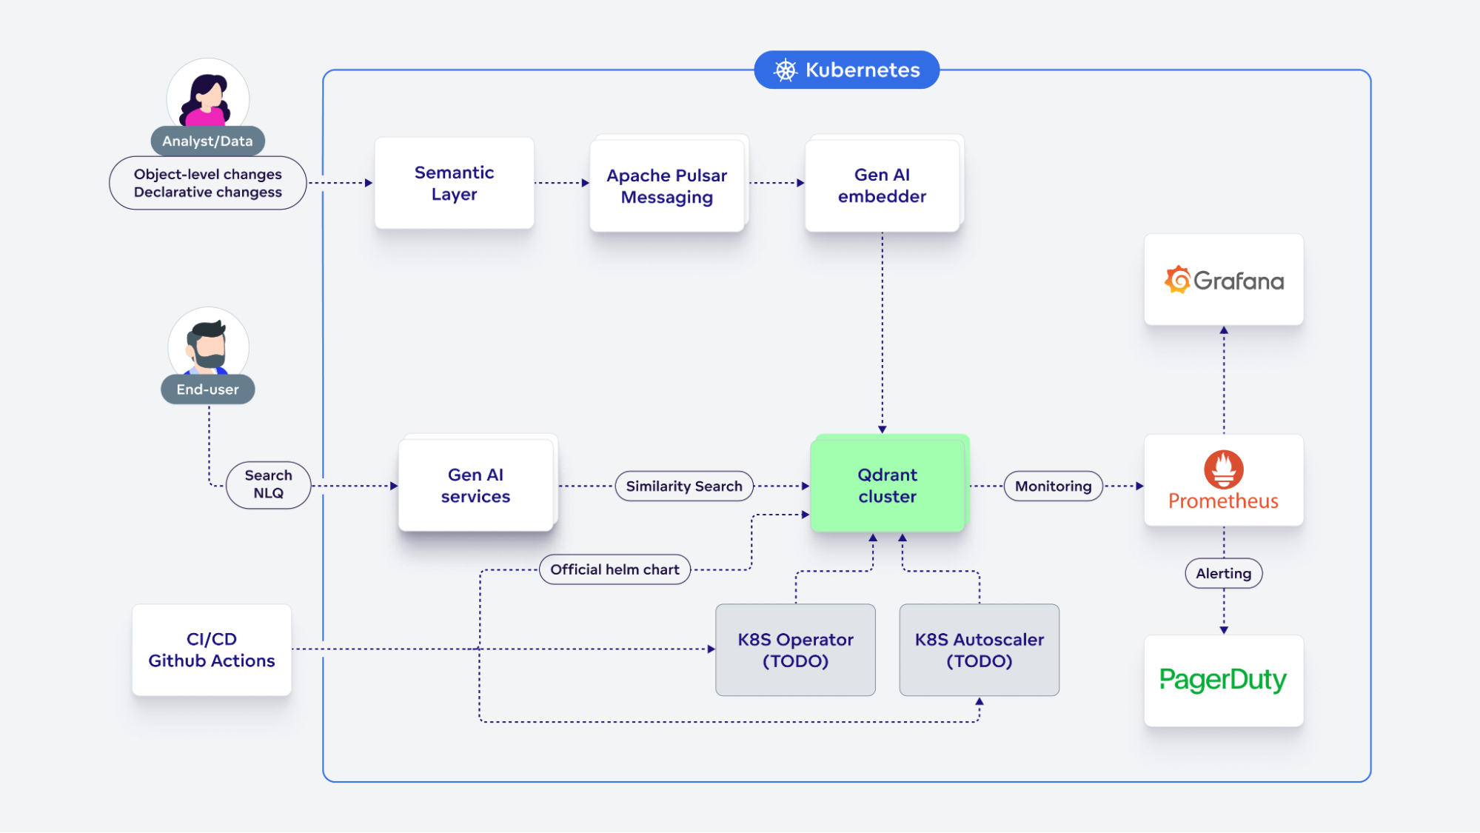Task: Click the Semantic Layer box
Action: coord(454,183)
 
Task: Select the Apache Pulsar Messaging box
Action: coord(667,186)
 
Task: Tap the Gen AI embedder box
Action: coord(882,185)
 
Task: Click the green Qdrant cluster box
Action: coord(887,486)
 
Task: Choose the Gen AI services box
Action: coord(475,486)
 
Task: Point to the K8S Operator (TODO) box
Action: coord(795,650)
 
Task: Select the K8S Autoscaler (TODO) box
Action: coord(979,650)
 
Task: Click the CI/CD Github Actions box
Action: coord(212,650)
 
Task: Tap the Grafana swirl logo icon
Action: coord(1177,280)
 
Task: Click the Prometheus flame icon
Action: coord(1223,469)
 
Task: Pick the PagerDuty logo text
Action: coord(1223,680)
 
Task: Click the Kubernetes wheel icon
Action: coord(785,70)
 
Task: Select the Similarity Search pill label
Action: coord(683,486)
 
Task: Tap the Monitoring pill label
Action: coord(1053,486)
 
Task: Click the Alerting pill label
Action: coord(1223,573)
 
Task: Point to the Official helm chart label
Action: coord(615,569)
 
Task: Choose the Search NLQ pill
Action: coord(268,484)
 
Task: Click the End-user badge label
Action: coord(207,389)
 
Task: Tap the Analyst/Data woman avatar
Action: coord(207,96)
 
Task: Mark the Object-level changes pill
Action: coord(207,183)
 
